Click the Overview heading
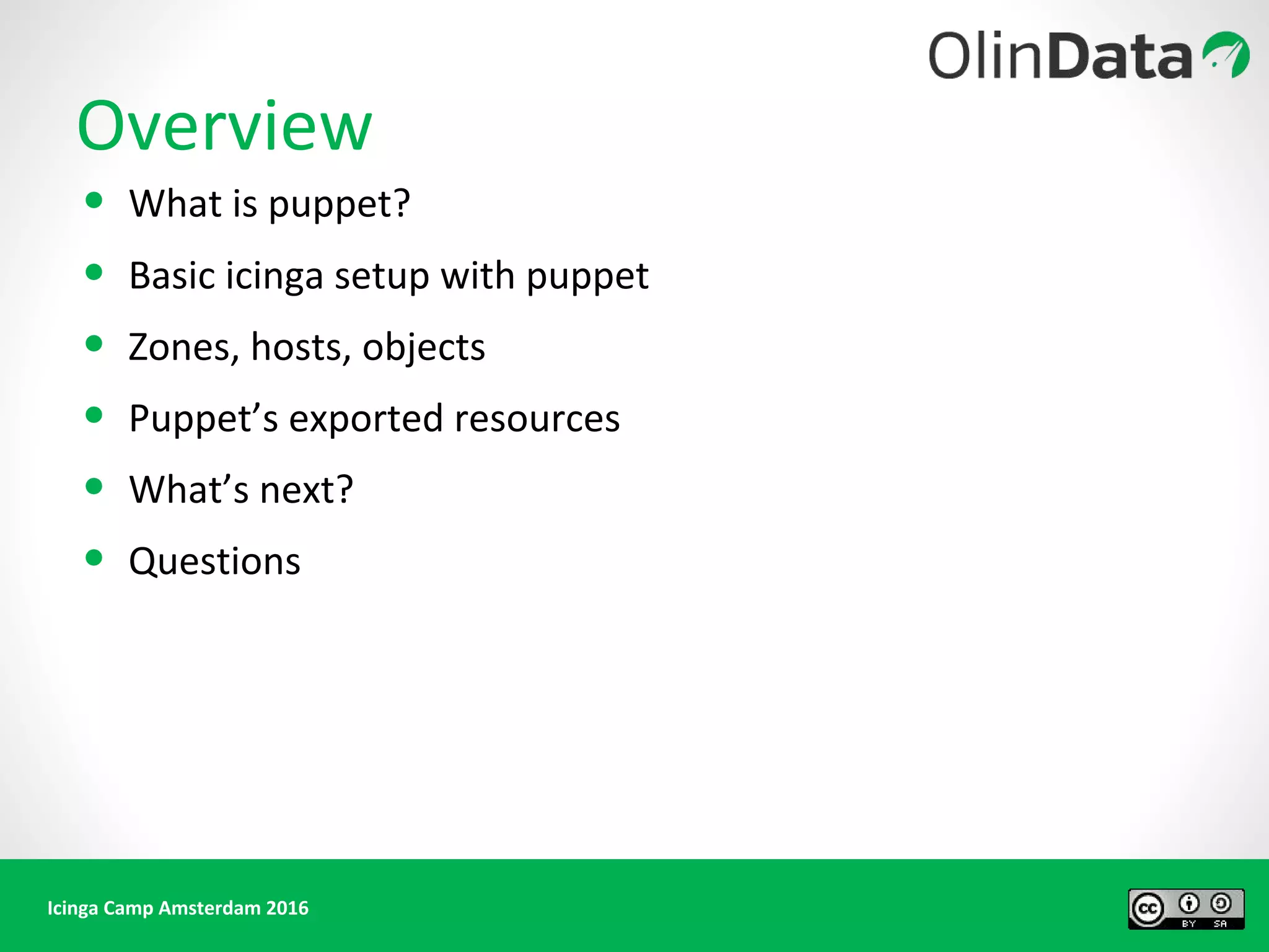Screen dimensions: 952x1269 tap(224, 127)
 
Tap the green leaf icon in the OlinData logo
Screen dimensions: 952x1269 tap(1226, 55)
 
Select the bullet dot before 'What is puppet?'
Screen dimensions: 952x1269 tap(94, 200)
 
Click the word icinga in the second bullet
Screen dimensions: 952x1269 tap(274, 276)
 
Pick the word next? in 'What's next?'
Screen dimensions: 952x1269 tap(306, 490)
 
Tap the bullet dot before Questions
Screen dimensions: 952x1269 tap(94, 558)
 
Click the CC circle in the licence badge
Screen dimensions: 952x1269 tap(1148, 909)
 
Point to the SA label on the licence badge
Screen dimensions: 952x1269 tap(1220, 923)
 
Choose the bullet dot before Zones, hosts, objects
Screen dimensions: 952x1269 tap(94, 343)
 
